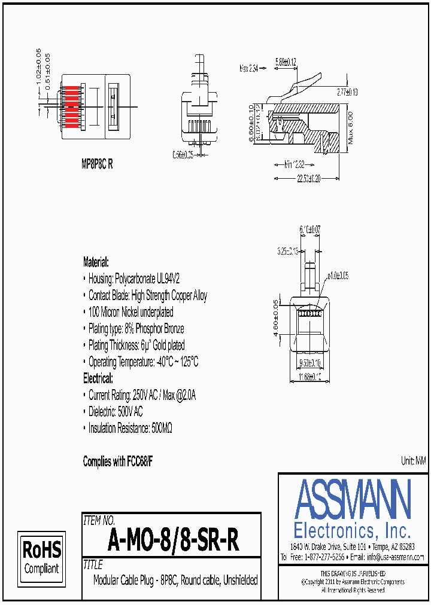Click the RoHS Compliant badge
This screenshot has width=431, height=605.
pyautogui.click(x=41, y=557)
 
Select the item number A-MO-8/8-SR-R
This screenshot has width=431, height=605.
pyautogui.click(x=174, y=541)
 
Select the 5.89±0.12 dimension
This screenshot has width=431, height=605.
pyautogui.click(x=286, y=62)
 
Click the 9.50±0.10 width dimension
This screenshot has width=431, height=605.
pyautogui.click(x=309, y=363)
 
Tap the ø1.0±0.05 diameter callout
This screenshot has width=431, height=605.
pyautogui.click(x=338, y=276)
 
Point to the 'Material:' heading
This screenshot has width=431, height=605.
pyautogui.click(x=96, y=262)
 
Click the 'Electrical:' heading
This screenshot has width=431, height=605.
pyautogui.click(x=98, y=378)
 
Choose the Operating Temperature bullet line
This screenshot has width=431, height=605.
pyautogui.click(x=143, y=362)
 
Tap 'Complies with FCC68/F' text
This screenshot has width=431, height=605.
pyautogui.click(x=118, y=462)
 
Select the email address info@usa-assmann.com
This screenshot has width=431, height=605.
pyautogui.click(x=395, y=557)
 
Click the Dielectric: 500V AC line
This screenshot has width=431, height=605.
pyautogui.click(x=116, y=412)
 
